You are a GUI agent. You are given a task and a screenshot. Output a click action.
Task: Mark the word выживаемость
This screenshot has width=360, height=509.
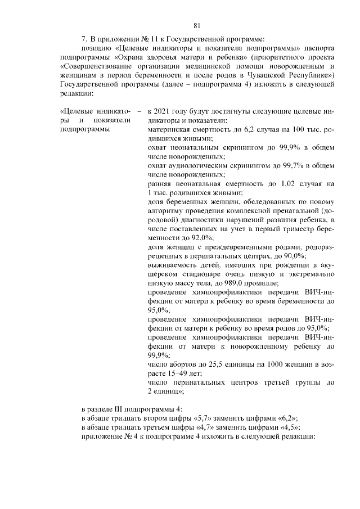[174, 265]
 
